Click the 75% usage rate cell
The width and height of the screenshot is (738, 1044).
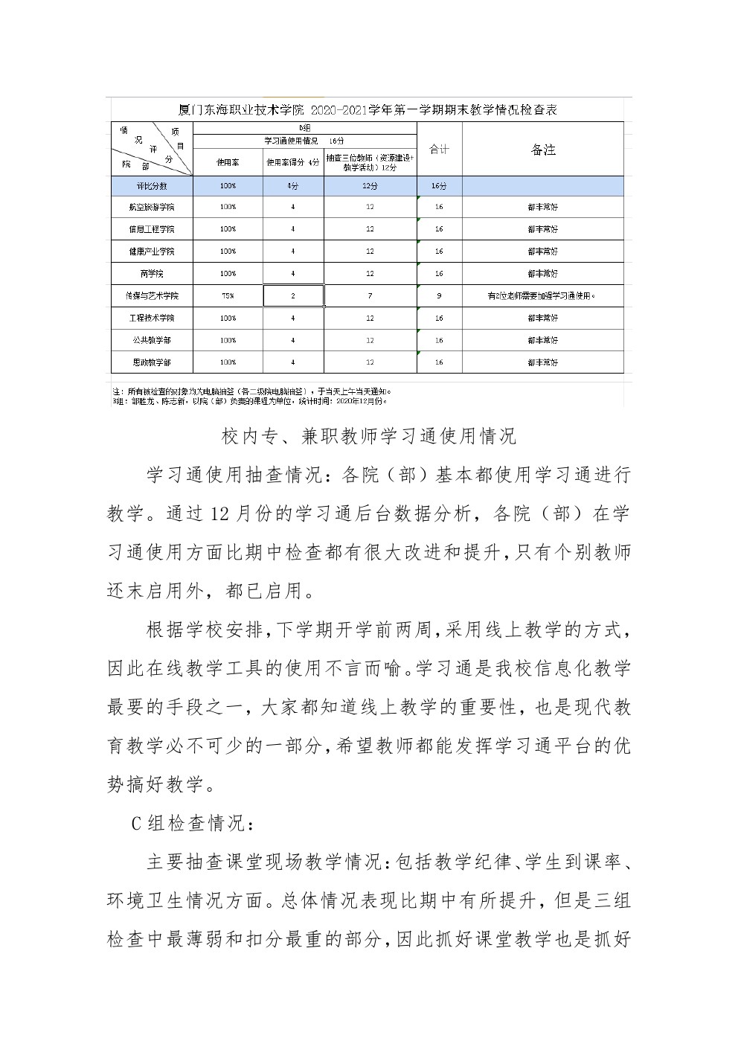[x=228, y=296]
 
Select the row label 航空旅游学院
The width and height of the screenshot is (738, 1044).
[x=152, y=207]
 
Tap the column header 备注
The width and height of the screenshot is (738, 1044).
[x=543, y=150]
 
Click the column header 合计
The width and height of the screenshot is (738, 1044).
[x=439, y=150]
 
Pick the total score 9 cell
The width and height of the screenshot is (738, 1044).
[x=439, y=296]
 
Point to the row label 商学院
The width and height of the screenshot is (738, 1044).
[x=152, y=274]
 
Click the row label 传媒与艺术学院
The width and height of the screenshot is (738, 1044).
[x=152, y=296]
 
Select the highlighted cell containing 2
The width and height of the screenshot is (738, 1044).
[x=293, y=296]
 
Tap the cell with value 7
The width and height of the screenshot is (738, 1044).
[x=370, y=296]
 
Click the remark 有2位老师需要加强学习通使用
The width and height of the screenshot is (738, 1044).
[x=543, y=296]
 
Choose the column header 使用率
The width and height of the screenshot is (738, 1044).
[x=228, y=161]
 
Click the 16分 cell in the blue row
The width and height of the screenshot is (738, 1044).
[x=439, y=186]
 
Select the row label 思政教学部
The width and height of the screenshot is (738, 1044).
[x=152, y=362]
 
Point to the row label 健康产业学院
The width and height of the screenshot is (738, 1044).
[x=152, y=252]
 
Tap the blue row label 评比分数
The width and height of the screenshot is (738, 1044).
[x=152, y=186]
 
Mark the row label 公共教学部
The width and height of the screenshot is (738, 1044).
[x=152, y=340]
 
